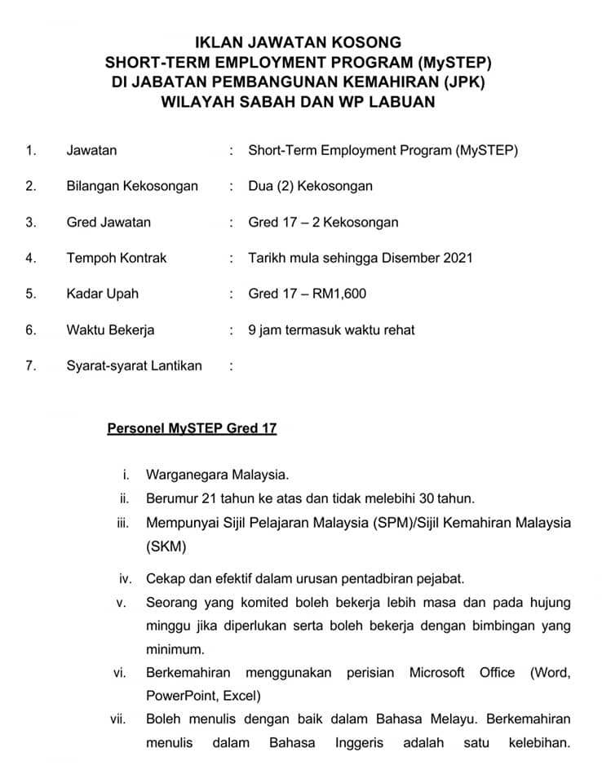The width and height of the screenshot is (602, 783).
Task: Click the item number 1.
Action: [31, 150]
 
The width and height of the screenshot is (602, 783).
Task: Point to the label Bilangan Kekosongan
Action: [132, 186]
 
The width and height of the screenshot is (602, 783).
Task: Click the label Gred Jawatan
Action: [108, 222]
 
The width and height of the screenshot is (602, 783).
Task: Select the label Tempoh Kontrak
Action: [116, 258]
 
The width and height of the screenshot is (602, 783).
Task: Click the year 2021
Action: [458, 258]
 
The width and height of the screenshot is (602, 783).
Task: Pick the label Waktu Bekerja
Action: [110, 330]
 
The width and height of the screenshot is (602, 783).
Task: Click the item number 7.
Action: [31, 365]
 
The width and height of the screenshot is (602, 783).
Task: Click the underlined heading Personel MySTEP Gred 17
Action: [192, 428]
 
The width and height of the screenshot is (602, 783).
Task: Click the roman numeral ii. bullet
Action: [125, 498]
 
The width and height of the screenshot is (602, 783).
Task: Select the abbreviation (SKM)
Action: [166, 546]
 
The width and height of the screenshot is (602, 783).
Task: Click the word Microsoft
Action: [436, 673]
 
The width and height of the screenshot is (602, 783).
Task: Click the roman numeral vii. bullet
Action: [120, 719]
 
